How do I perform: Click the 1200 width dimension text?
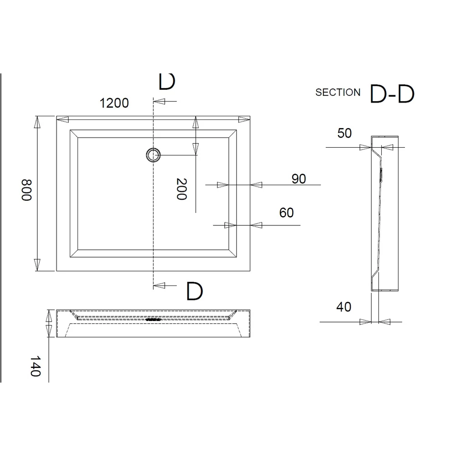tap(114, 103)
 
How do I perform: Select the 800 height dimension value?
tap(26, 190)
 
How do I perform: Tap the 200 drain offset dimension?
tap(181, 189)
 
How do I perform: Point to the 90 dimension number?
tap(299, 179)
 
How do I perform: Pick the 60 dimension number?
tap(286, 212)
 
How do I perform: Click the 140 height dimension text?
tap(36, 366)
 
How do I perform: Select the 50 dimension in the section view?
tap(344, 133)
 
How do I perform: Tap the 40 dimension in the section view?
tap(344, 307)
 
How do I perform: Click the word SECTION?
tap(338, 93)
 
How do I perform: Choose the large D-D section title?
tap(392, 94)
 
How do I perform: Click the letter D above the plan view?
tap(166, 82)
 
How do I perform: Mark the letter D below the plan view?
tap(194, 291)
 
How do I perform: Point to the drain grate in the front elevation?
tap(153, 320)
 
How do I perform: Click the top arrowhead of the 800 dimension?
tap(37, 122)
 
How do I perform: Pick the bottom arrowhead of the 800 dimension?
tap(37, 265)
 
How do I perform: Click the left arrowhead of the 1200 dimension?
tap(62, 119)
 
